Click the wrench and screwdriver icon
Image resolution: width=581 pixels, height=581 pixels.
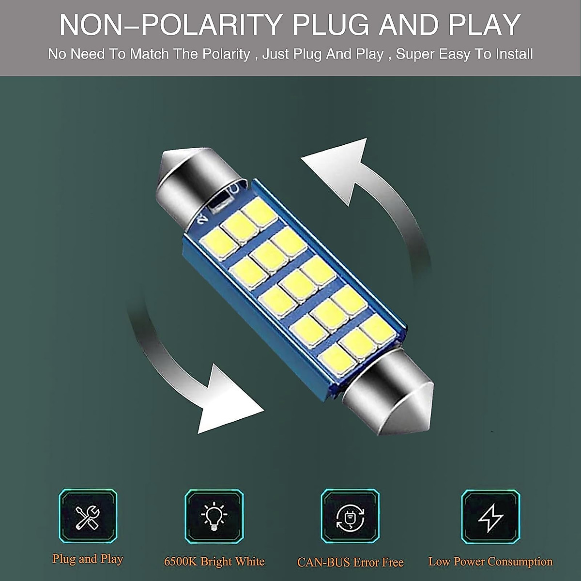88,516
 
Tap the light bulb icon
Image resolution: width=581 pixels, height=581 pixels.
214,516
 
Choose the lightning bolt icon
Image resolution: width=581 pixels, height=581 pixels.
490,516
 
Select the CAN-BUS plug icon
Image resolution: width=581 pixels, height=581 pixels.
350,516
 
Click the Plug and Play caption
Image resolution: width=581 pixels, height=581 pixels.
88,559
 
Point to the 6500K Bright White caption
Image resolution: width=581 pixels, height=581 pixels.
214,562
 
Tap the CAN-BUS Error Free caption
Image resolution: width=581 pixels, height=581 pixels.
350,562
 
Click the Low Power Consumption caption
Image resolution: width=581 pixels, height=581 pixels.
490,562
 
